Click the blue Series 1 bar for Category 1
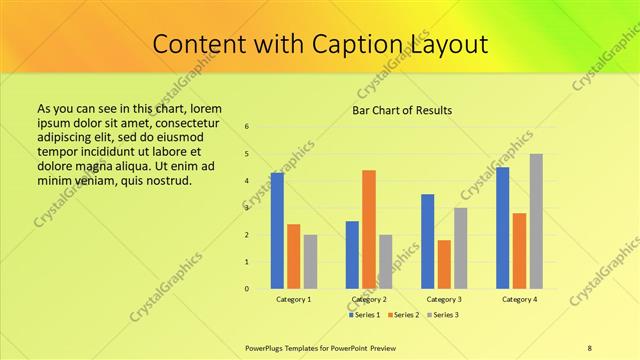coord(277,231)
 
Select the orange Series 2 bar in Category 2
coord(369,229)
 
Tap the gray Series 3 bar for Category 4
coord(536,221)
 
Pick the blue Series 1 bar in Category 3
coord(427,241)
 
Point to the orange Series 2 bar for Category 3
coord(444,264)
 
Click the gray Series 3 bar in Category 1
coord(310,262)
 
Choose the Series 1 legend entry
coord(365,315)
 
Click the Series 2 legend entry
coord(403,315)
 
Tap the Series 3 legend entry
coord(441,315)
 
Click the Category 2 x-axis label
coord(369,299)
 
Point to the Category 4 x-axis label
coord(519,299)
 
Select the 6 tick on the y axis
coord(247,126)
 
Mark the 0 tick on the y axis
coord(247,289)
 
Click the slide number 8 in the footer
coord(589,347)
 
